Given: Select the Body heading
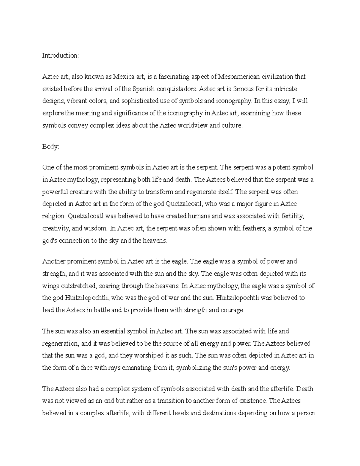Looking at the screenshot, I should [51, 147].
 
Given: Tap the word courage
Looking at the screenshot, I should [232, 310].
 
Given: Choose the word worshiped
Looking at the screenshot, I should [147, 356].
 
